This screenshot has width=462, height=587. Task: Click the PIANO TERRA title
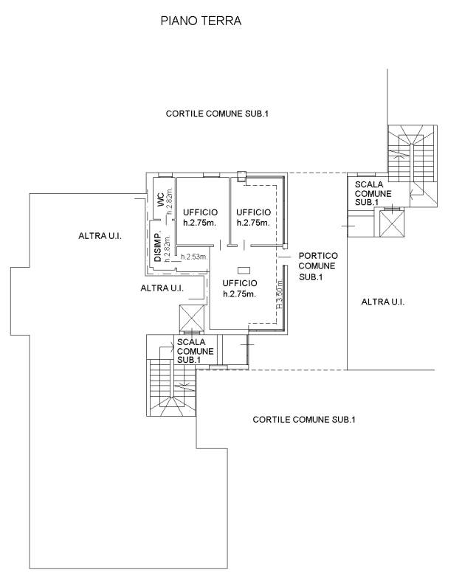coord(201,21)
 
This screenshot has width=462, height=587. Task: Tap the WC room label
coord(160,200)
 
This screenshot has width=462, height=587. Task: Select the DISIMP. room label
coord(158,248)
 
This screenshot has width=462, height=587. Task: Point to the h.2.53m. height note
coord(194,257)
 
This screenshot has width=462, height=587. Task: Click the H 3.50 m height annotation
coord(280,294)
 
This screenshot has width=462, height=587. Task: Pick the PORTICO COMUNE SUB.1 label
coord(318,266)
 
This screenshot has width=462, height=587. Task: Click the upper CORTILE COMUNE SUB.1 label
coord(217,114)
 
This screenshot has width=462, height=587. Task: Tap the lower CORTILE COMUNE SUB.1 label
coord(304,420)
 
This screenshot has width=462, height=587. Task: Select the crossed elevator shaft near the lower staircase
coord(192,319)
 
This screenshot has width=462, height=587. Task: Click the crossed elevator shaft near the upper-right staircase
coord(392,223)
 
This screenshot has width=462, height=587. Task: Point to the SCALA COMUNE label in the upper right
coord(373,193)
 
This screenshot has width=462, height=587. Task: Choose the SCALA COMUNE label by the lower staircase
coord(195,351)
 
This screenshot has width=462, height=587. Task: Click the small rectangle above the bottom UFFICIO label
coord(244,271)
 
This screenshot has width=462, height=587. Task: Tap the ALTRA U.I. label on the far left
coord(100,236)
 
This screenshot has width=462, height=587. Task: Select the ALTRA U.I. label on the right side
coord(383,302)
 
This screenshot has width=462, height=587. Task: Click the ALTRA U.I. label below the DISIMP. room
coord(162,288)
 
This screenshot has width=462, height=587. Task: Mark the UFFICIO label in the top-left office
coord(200,212)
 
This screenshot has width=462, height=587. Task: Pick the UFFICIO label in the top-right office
coord(253,212)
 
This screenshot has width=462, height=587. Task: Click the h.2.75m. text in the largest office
coord(239,294)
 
